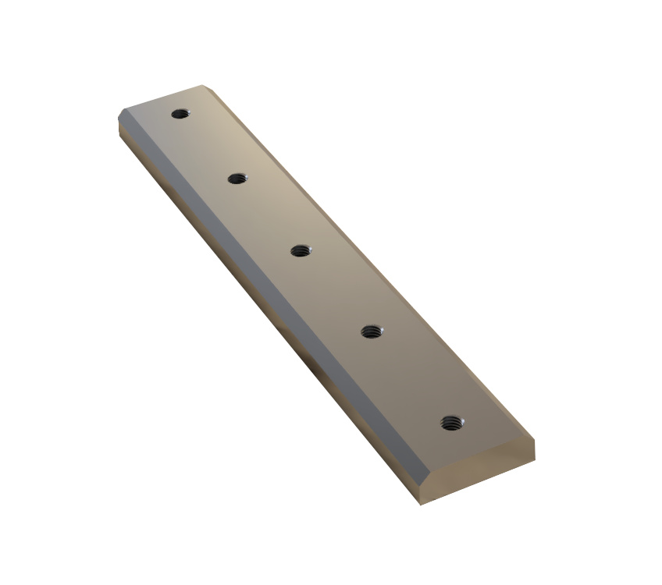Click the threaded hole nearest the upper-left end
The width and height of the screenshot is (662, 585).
click(180, 114)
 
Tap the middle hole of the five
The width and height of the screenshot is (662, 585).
click(300, 250)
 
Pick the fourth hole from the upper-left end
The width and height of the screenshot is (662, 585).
click(370, 332)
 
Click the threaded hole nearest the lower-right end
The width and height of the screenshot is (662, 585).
click(450, 423)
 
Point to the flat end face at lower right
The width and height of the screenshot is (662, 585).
click(480, 473)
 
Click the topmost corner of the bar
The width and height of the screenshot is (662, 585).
click(203, 85)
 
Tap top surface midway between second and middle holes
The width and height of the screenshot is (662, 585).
click(269, 214)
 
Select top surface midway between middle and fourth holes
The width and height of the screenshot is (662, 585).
click(335, 292)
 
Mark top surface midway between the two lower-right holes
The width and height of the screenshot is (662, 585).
click(410, 378)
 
